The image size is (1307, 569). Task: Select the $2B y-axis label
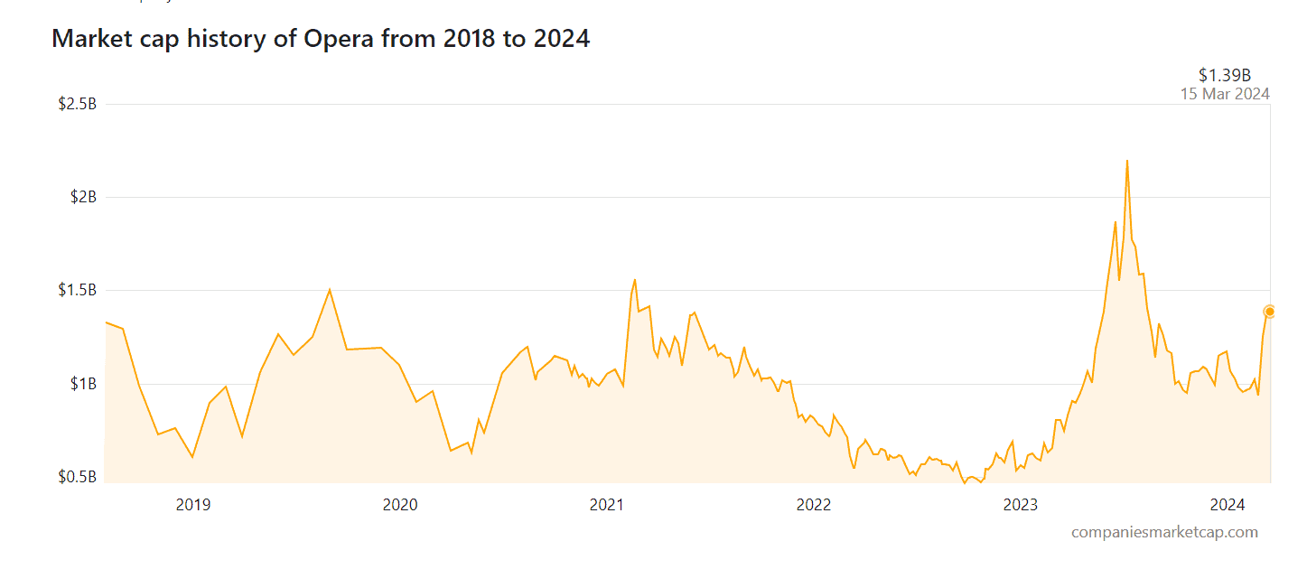(x=83, y=197)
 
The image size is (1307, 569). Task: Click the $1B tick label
(x=83, y=384)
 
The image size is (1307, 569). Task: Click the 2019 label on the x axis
(x=193, y=504)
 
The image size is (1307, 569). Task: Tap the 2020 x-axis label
(x=400, y=504)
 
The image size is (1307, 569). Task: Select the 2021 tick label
(x=607, y=504)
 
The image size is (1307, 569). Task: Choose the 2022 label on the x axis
(x=814, y=504)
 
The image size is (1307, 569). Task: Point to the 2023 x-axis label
(x=1021, y=504)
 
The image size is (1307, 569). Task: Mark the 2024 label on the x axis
(x=1228, y=504)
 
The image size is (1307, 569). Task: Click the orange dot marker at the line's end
(x=1269, y=312)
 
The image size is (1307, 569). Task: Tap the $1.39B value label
(x=1225, y=75)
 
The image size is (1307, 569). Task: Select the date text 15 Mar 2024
(x=1225, y=94)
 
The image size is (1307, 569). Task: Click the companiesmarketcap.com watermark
(x=1164, y=532)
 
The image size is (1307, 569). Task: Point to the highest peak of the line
(x=1127, y=161)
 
